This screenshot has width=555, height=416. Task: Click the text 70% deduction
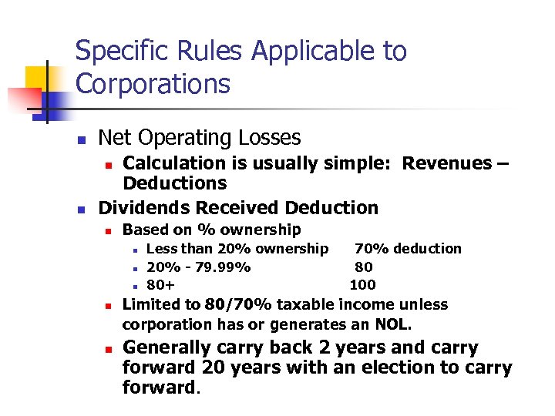point(407,248)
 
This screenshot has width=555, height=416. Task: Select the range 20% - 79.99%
point(198,267)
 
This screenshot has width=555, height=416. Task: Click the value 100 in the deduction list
point(362,285)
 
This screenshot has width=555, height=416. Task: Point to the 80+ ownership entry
point(160,285)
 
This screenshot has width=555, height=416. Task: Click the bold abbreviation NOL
point(394,324)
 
